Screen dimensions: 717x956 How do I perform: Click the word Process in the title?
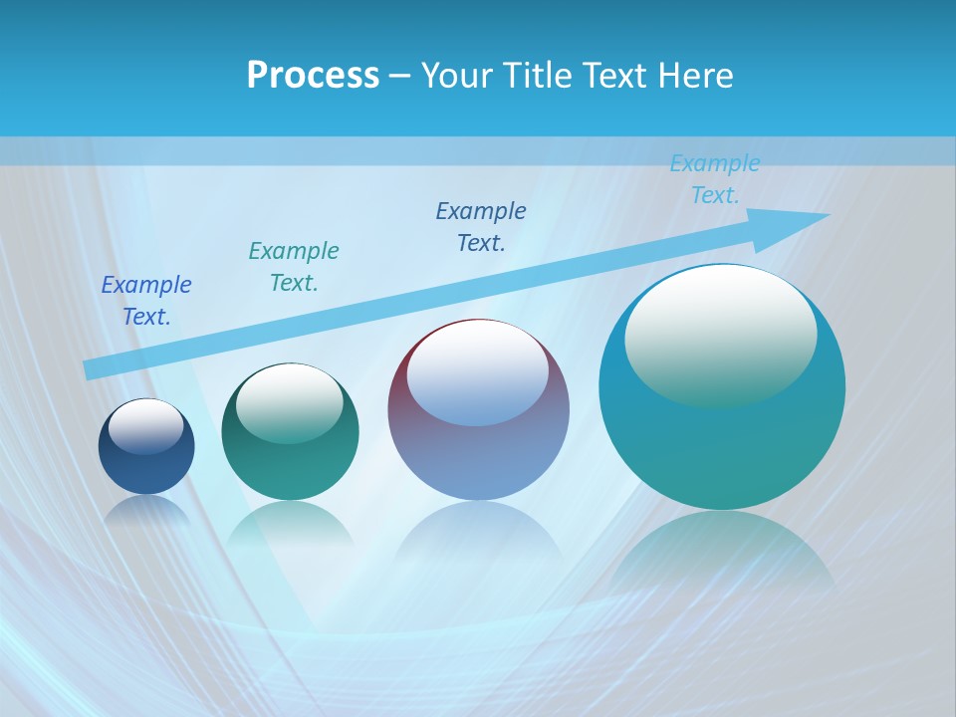pos(313,76)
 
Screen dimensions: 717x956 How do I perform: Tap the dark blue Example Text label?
pos(146,301)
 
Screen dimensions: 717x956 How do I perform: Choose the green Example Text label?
pos(294,267)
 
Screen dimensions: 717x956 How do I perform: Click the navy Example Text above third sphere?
pos(481,227)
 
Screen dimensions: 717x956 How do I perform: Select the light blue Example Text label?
pos(714,179)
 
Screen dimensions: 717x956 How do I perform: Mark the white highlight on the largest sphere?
pos(721,334)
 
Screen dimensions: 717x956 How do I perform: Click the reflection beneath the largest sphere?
pos(722,558)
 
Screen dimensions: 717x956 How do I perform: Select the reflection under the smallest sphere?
pos(146,513)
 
